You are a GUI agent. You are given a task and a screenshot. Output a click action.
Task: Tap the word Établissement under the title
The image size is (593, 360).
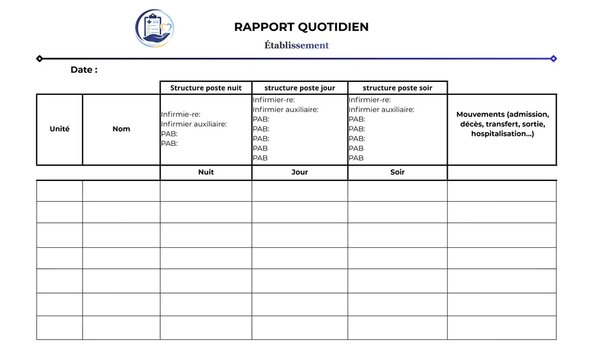296,45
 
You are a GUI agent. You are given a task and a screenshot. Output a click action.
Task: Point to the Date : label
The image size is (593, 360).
84,70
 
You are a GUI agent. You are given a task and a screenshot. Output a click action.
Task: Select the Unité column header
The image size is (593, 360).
59,129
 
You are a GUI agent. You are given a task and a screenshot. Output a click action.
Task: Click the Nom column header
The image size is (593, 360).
121,129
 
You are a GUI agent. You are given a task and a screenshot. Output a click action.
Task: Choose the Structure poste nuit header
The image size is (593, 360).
205,88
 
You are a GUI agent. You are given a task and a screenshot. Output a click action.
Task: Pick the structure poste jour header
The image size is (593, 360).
299,88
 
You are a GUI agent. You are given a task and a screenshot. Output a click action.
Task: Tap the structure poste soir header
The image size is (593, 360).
397,88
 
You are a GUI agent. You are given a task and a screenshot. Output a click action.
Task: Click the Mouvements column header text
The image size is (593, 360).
502,124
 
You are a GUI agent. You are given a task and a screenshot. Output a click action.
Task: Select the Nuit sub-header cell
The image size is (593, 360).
205,172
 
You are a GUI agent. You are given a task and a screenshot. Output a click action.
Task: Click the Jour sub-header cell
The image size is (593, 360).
299,172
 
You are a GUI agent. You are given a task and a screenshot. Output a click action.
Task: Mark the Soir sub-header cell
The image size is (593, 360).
397,172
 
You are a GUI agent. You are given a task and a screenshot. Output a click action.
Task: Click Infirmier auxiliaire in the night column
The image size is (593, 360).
194,124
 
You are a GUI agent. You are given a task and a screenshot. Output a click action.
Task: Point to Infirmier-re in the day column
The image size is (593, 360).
273,100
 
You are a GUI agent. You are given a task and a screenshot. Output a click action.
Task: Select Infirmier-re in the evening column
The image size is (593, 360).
370,100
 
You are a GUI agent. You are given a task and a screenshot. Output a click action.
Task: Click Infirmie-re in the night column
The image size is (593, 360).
181,114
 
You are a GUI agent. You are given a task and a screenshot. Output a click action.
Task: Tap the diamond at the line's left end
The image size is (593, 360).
39,58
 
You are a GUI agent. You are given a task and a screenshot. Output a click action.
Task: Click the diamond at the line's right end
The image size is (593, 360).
553,58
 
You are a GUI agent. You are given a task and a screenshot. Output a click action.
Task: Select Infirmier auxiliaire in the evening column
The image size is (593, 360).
382,110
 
